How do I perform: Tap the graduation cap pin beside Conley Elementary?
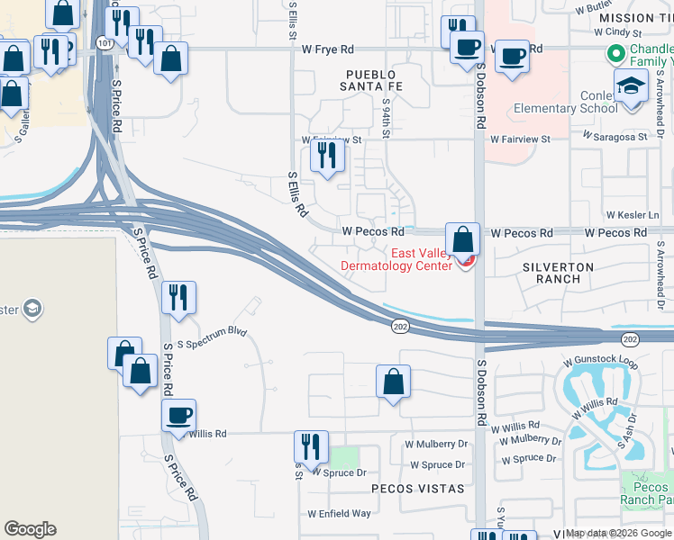(x=632, y=87)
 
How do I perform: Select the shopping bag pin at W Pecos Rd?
(x=462, y=239)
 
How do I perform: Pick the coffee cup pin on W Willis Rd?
(x=178, y=415)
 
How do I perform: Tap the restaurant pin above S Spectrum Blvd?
(x=178, y=297)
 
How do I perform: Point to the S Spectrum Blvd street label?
(x=212, y=331)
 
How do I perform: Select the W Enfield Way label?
(x=339, y=514)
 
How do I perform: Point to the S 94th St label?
(x=385, y=118)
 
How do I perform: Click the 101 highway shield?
(x=106, y=42)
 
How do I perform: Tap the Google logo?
(x=30, y=529)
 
